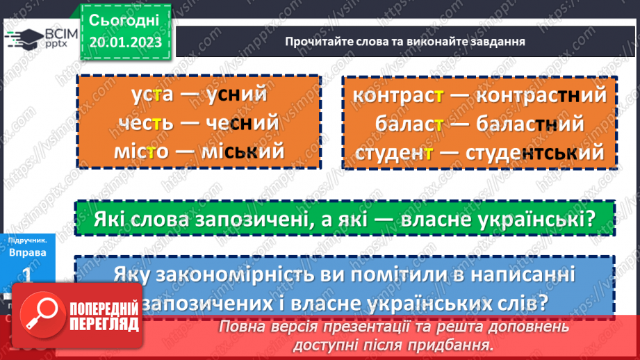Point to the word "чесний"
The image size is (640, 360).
click(x=243, y=123)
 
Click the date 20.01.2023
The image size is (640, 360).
click(x=125, y=42)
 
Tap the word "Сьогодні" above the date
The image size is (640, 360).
click(x=124, y=20)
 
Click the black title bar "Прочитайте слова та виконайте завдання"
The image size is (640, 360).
click(x=404, y=41)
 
